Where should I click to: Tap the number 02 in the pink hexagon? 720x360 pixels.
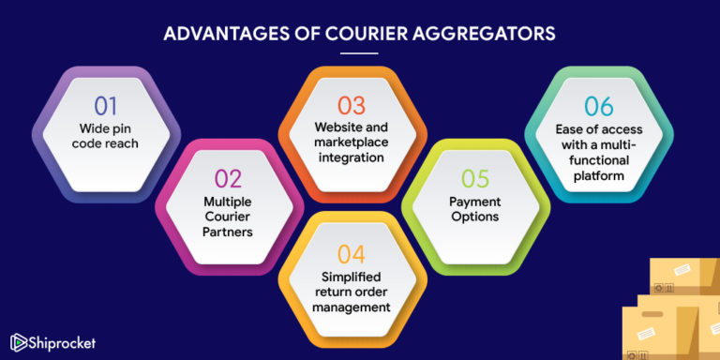pos(229,179)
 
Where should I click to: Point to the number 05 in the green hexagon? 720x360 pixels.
pos(474,178)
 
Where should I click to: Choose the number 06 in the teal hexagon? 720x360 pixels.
pos(599,106)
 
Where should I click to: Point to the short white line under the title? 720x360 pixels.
pos(359,52)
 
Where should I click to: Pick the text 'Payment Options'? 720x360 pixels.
pos(474,208)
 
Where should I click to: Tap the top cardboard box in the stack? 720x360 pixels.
pos(684,277)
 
